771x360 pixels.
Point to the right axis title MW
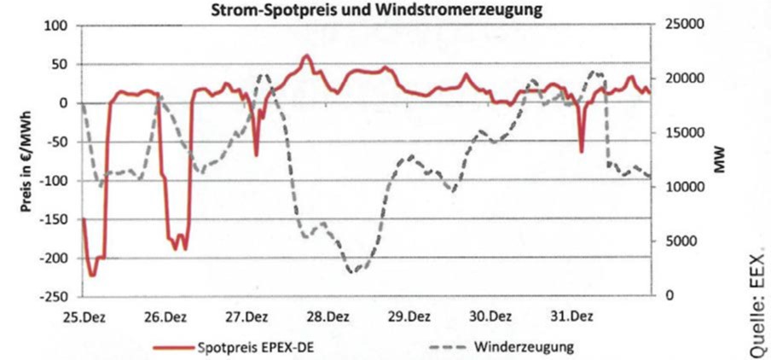(x=719, y=161)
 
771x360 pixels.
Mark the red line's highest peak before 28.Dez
(x=307, y=56)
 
